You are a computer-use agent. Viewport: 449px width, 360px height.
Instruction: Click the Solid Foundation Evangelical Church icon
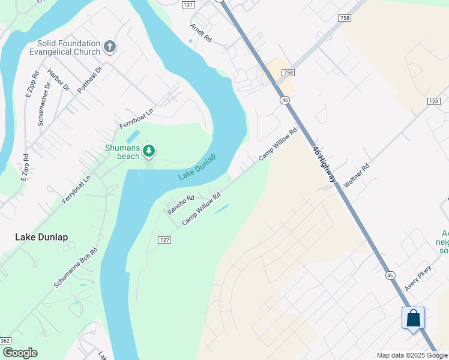click(109, 46)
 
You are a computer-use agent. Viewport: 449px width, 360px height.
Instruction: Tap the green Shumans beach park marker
click(148, 151)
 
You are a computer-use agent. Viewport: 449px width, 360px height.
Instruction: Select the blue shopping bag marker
click(413, 318)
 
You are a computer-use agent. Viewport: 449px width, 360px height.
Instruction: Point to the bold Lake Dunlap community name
click(41, 237)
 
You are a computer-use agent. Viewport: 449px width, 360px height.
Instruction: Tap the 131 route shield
click(188, 4)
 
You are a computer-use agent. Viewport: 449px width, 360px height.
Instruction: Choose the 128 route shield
click(434, 101)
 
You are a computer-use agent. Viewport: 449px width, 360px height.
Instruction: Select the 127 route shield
click(165, 239)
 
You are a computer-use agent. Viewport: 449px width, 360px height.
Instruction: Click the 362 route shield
click(5, 341)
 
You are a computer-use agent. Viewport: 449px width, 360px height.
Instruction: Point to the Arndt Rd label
click(201, 32)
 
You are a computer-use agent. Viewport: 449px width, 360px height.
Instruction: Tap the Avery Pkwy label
click(418, 278)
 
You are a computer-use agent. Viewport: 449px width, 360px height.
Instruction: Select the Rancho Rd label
click(181, 205)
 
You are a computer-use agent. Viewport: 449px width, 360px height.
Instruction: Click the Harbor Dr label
click(58, 81)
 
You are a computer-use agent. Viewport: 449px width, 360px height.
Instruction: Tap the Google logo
click(20, 353)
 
